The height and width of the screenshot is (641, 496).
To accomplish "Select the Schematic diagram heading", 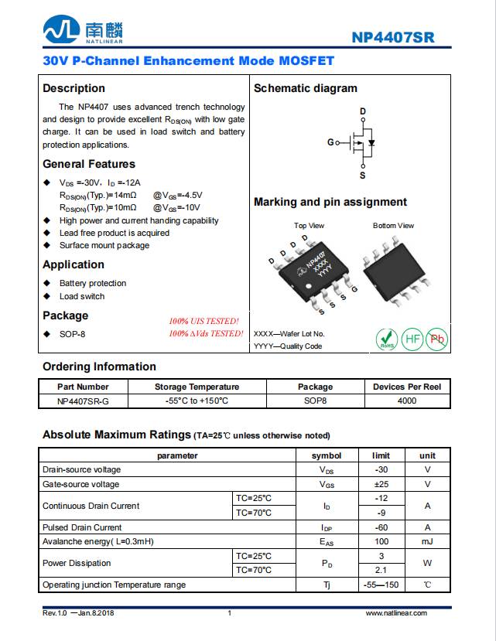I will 305,88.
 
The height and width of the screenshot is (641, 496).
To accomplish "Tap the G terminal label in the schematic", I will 330,142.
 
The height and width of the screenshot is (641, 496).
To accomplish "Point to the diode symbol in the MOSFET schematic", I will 371,143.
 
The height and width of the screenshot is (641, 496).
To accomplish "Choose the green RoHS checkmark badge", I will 386,339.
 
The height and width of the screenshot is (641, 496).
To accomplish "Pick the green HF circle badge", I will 412,339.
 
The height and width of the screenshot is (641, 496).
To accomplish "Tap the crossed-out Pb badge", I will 438,339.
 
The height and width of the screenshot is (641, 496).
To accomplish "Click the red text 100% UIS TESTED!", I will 204,321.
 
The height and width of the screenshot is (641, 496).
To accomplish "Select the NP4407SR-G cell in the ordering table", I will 83,401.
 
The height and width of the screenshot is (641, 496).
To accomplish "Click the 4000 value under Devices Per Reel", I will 406,401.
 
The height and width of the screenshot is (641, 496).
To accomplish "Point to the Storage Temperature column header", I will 197,387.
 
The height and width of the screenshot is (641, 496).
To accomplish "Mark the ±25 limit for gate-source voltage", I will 381,484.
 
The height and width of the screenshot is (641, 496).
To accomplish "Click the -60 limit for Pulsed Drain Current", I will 381,527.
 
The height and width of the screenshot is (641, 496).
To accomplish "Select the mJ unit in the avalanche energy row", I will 427,541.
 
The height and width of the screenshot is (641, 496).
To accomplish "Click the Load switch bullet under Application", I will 82,296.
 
